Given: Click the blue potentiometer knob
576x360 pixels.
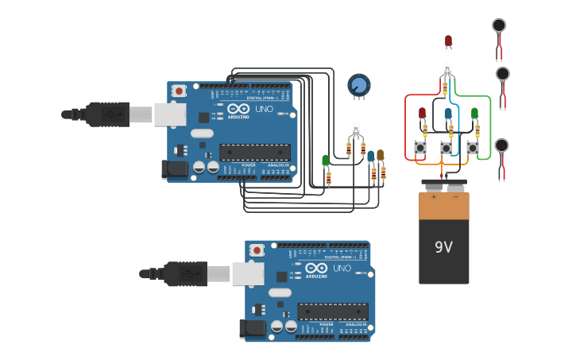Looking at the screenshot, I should (x=359, y=84).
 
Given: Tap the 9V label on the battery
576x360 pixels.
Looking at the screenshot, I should (x=443, y=247).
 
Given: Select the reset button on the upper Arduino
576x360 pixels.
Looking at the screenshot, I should (x=180, y=91).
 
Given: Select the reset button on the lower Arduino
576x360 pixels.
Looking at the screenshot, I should (x=257, y=250).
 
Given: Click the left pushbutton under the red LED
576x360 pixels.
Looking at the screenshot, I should (x=420, y=147).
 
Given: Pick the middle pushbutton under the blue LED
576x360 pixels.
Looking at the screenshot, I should (x=446, y=148).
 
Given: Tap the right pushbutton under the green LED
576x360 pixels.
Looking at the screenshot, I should (x=473, y=147).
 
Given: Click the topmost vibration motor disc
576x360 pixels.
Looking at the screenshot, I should (x=499, y=25).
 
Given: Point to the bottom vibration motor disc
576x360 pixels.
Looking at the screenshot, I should (x=501, y=145).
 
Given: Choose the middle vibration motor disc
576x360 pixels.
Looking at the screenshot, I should (x=502, y=74).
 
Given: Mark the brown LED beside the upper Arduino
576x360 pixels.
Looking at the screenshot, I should (x=380, y=155).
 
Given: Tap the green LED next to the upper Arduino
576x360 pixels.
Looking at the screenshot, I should (x=326, y=161).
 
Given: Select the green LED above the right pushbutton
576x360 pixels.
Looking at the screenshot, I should (x=474, y=113).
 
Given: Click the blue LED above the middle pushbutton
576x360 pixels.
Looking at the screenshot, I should (x=448, y=114).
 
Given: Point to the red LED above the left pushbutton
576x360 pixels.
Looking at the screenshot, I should (x=422, y=113).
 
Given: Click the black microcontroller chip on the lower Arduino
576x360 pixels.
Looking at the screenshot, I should (x=332, y=312).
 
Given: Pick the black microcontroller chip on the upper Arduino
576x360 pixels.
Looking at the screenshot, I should (x=254, y=152).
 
